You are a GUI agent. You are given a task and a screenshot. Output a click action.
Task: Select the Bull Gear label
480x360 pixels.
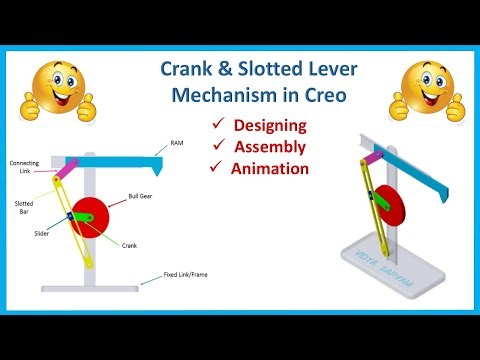(x=139, y=197)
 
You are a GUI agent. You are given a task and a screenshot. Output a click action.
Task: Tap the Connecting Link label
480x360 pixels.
(x=24, y=166)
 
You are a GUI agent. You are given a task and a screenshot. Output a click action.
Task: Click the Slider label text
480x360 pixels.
(x=40, y=233)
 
